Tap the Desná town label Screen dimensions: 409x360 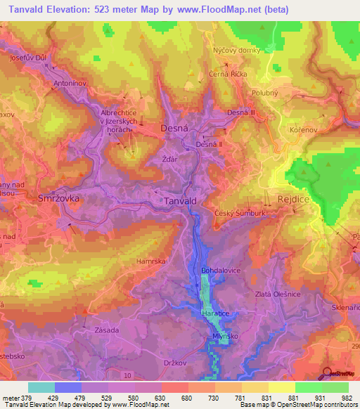[x=174, y=129]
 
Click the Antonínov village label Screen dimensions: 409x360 [x=70, y=83]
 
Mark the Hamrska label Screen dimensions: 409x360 [x=150, y=261]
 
